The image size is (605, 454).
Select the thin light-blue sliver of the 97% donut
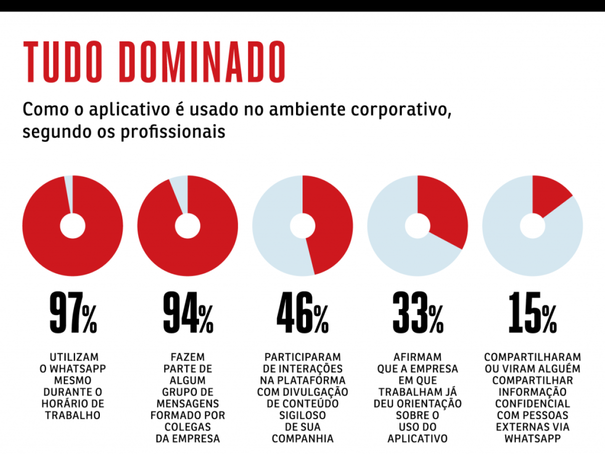69,192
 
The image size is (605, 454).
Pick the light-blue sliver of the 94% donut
180,192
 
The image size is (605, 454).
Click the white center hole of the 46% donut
302,226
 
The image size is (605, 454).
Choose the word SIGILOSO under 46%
302,416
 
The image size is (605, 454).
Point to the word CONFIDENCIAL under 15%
532,404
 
